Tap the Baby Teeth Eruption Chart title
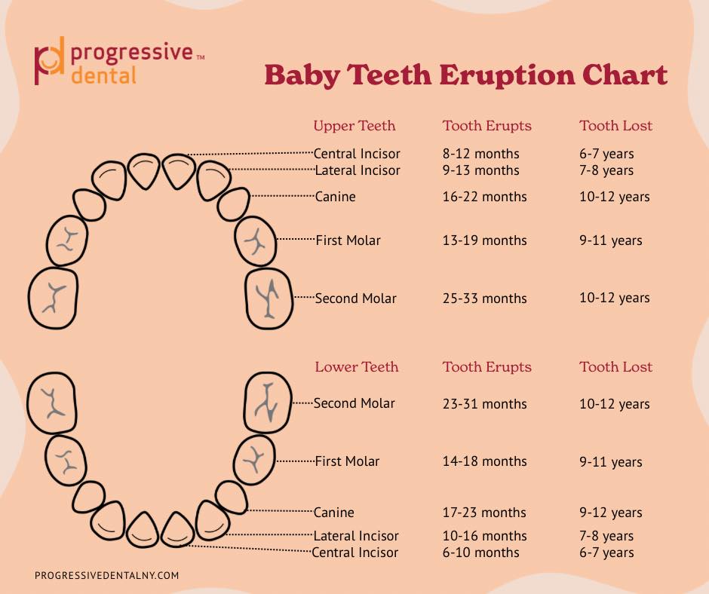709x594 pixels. pos(465,75)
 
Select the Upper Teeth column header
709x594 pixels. pos(354,126)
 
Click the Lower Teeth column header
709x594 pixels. pos(356,367)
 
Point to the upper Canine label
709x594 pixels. pos(336,197)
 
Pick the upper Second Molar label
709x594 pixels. pos(355,299)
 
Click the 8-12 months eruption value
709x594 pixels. pos(480,154)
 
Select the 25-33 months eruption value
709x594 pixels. pos(484,299)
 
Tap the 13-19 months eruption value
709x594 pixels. pos(484,240)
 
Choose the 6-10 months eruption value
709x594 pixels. pos(480,553)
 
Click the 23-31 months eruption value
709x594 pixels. pos(484,404)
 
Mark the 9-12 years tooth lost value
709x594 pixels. pos(611,513)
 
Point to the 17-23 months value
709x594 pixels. pos(484,513)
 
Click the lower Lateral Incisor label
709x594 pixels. pos(356,536)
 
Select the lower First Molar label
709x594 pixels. pos(347,461)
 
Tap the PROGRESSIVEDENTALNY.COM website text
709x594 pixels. pos(107,575)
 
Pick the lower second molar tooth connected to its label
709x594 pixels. pos(268,403)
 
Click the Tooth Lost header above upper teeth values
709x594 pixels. pos(615,126)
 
